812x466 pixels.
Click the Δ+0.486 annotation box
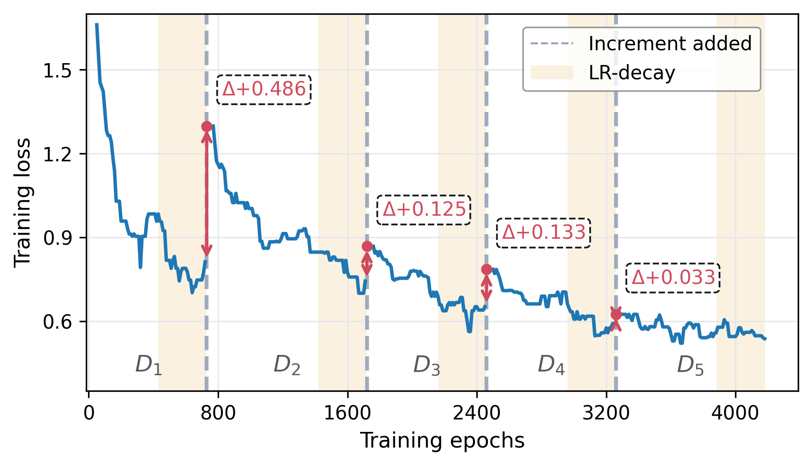tap(264, 89)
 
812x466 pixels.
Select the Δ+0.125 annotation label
tap(424, 210)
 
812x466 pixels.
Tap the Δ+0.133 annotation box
tap(544, 233)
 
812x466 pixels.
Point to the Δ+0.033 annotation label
tap(673, 278)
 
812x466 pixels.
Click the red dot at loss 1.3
tap(207, 126)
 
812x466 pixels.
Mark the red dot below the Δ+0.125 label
tap(367, 246)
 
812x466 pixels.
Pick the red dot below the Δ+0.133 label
tap(486, 269)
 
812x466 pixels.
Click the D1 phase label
tap(148, 365)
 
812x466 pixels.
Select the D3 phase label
tap(427, 365)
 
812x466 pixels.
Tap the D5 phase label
tap(690, 365)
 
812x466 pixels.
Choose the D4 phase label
tap(551, 365)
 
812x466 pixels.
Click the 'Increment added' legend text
tap(670, 44)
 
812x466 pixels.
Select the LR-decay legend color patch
tap(551, 73)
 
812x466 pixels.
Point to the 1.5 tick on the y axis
tap(58, 71)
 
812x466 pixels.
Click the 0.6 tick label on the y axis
tap(58, 322)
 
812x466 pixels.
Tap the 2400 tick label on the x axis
tap(477, 413)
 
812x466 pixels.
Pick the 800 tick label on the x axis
tap(218, 413)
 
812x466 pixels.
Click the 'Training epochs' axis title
tap(442, 441)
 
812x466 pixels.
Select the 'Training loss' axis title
tap(22, 202)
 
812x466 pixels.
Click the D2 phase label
tap(287, 365)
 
